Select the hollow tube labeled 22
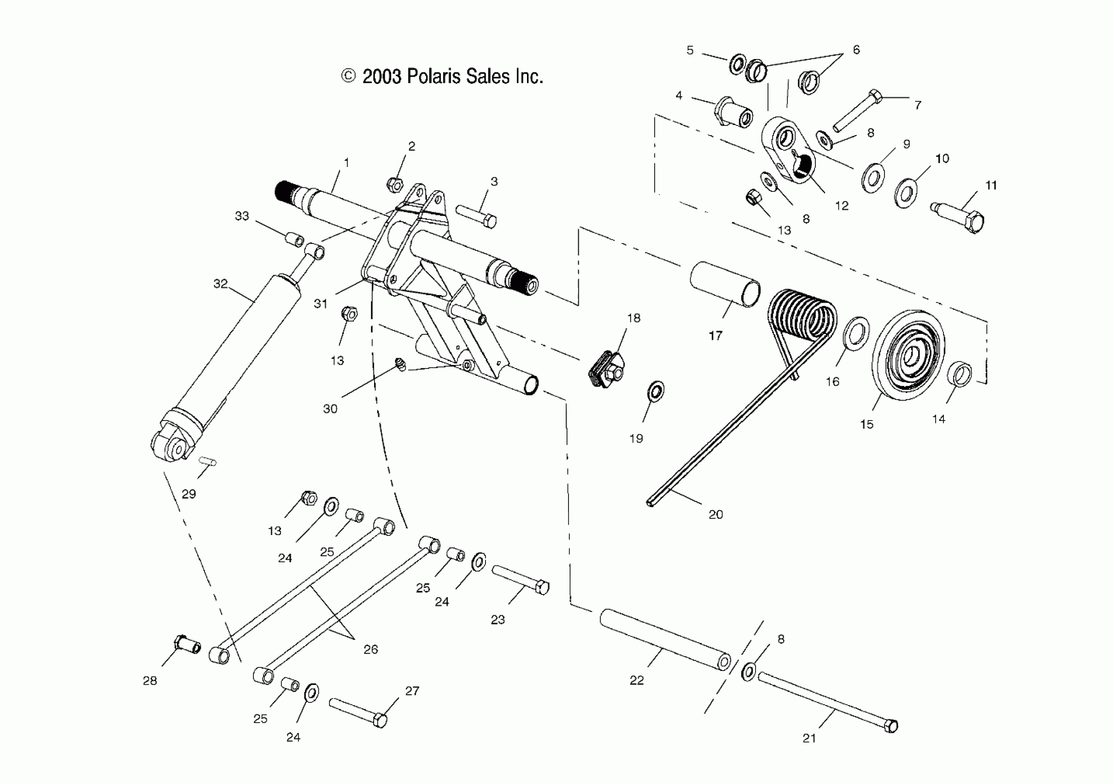point(665,641)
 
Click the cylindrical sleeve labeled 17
point(724,284)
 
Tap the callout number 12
point(842,206)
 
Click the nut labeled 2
point(394,184)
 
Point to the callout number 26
point(370,649)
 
